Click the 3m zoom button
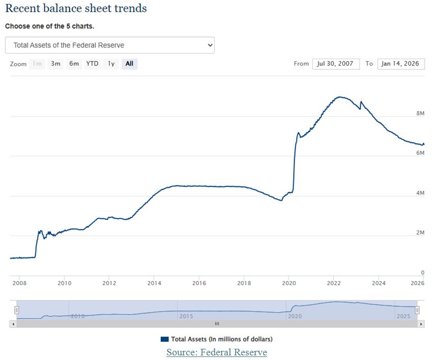55,64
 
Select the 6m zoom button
74,64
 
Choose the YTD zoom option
92,64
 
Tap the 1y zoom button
111,64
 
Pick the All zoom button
129,64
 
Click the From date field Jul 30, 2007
336,64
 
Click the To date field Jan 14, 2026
401,64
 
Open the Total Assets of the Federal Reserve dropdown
109,45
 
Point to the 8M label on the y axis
420,113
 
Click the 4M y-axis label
420,193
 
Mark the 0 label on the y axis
422,273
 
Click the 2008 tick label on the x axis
19,283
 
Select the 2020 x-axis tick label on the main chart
288,283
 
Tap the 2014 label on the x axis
154,283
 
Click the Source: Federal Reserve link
216,352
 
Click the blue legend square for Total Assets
164,339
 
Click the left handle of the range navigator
17,310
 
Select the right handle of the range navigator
417,310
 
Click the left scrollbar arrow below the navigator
13,324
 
